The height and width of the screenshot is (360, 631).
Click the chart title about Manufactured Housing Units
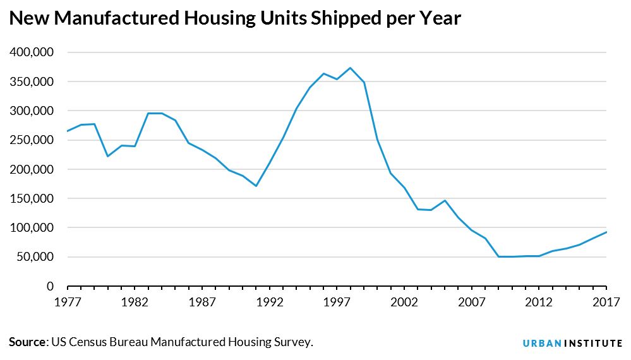(235, 18)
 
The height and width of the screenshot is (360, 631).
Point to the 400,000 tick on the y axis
(32, 52)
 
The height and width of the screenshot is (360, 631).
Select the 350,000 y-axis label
(32, 81)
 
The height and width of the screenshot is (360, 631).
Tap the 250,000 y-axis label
(32, 140)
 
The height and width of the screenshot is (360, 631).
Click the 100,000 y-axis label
(32, 228)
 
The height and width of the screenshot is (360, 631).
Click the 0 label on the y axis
(49, 286)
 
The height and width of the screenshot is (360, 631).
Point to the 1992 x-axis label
(269, 302)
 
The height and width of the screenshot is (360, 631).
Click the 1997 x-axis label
(337, 302)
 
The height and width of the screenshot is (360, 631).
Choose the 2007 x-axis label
(472, 302)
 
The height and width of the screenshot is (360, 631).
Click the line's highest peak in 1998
(350, 68)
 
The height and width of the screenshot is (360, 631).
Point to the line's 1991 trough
(256, 186)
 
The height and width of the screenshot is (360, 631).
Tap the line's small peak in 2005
(445, 200)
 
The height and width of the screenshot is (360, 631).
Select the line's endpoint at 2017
(606, 232)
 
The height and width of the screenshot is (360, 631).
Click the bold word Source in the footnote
(28, 342)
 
